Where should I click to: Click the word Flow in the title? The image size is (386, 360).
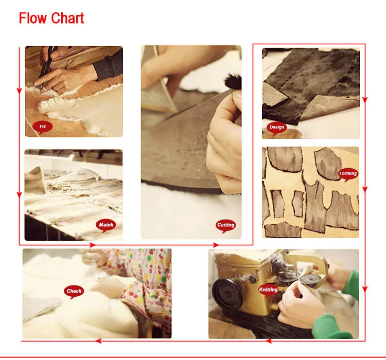[33, 18]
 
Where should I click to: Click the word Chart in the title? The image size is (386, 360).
[67, 18]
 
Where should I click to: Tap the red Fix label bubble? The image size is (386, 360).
[43, 127]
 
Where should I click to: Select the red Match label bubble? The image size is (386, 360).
[106, 225]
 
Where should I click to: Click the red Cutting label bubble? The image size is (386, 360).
[225, 225]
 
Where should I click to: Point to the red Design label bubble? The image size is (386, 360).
[277, 128]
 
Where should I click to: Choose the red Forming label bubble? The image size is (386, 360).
[348, 174]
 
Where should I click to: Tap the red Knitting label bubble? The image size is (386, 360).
[268, 290]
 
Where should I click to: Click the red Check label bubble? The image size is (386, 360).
[74, 292]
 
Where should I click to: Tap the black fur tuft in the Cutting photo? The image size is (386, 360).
[233, 82]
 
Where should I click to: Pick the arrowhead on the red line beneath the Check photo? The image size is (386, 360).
[98, 341]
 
